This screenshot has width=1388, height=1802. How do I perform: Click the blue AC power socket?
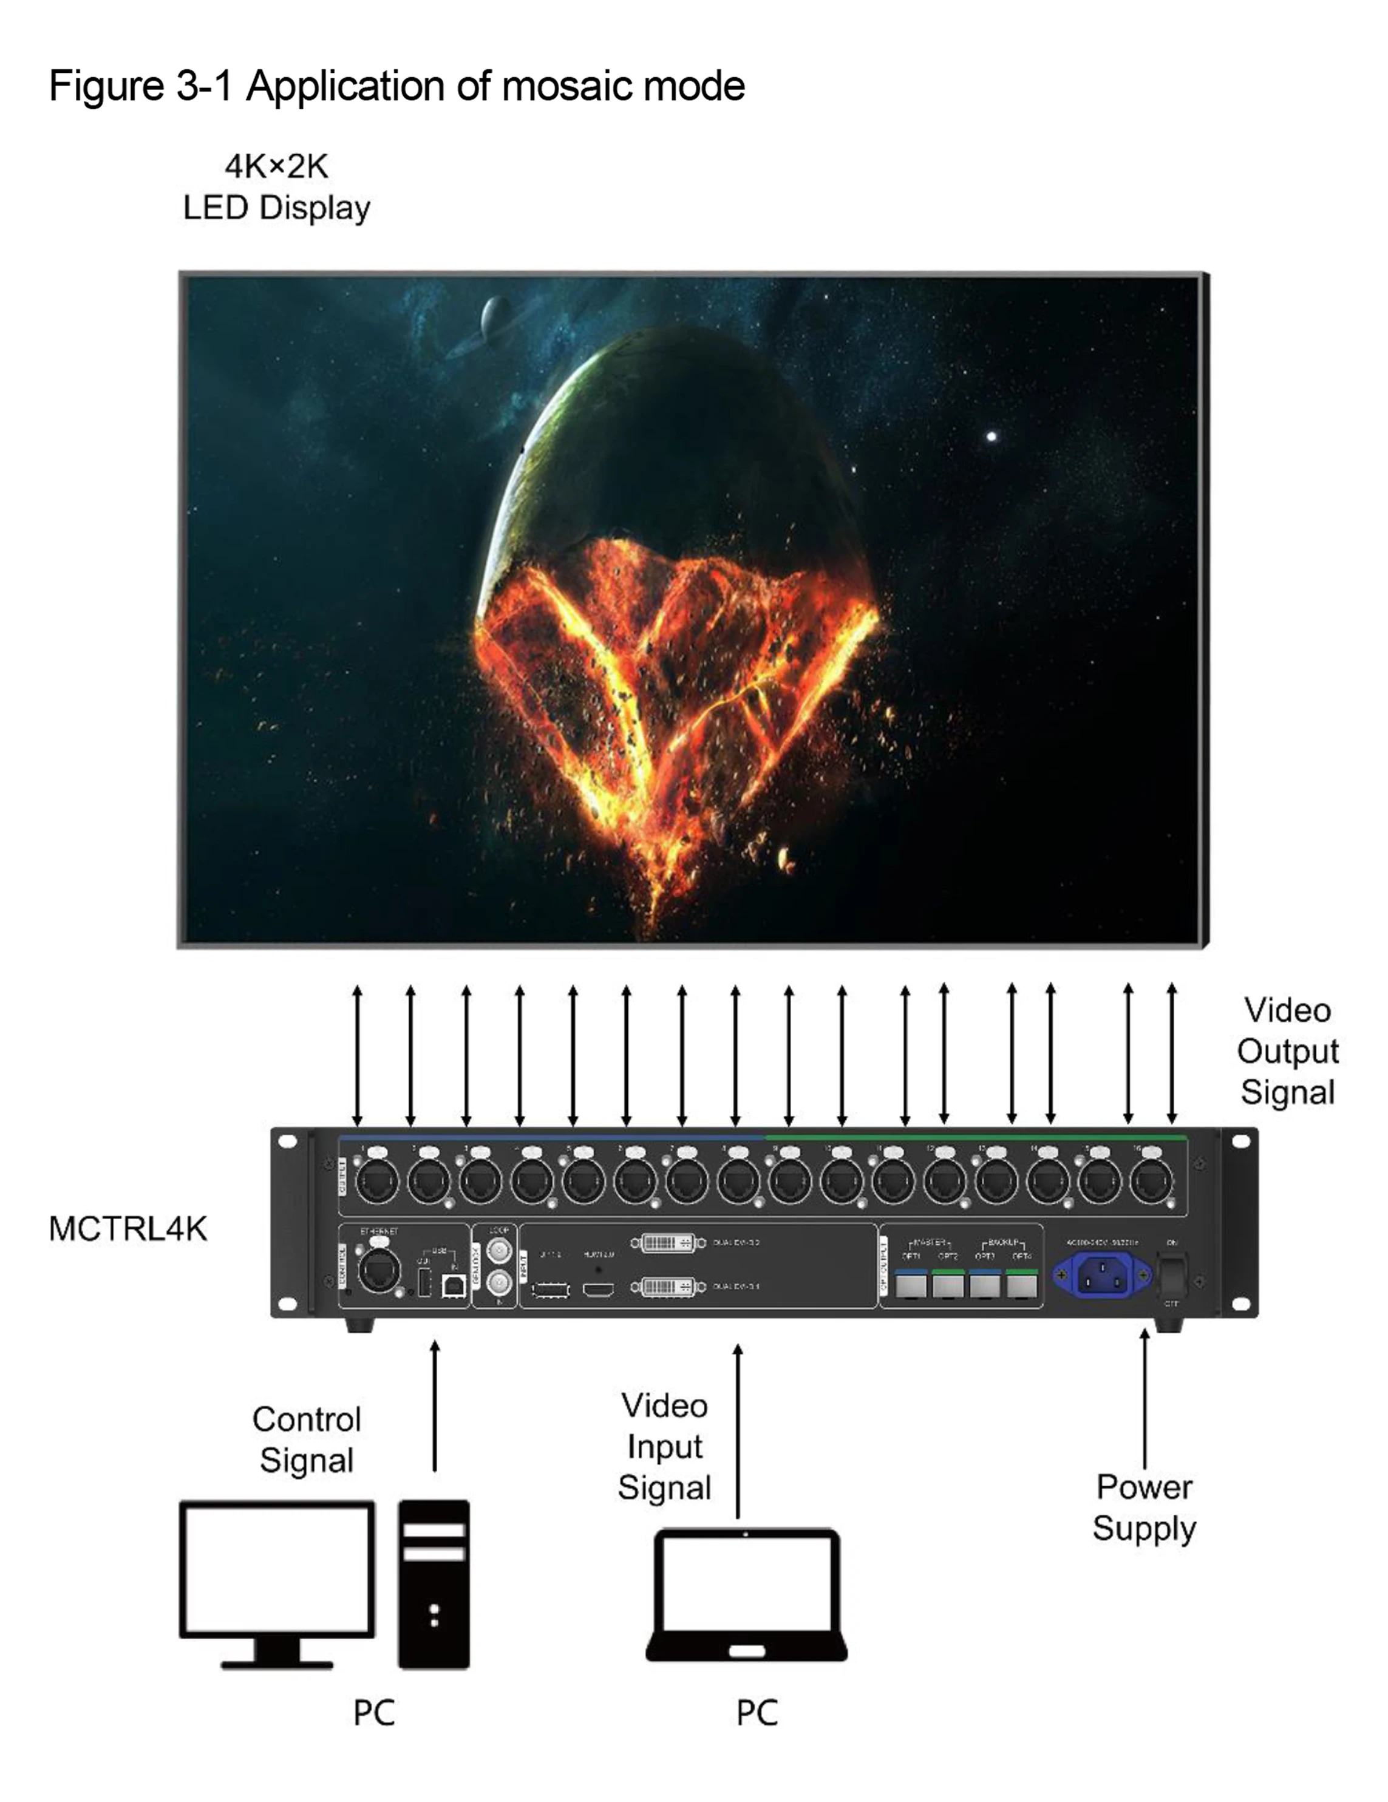click(x=1101, y=1276)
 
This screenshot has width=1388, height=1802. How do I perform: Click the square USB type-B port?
click(x=453, y=1285)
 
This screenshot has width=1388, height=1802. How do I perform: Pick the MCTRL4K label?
click(x=128, y=1229)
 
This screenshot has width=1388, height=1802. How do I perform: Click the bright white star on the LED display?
click(x=991, y=437)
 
